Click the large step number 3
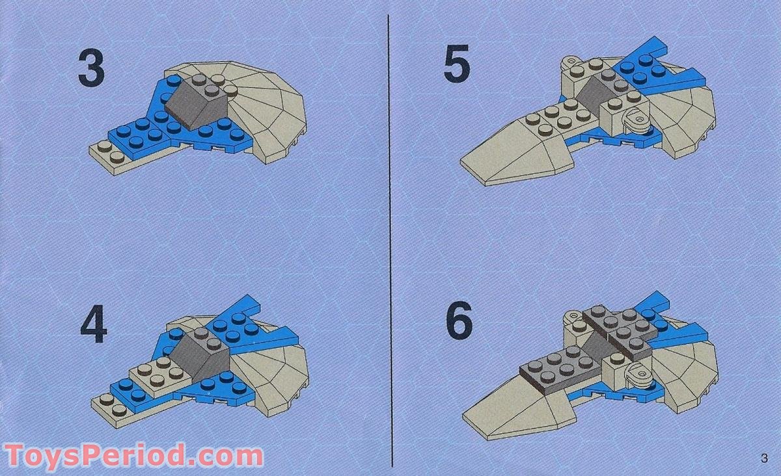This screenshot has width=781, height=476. (91, 71)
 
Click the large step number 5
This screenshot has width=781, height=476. (457, 67)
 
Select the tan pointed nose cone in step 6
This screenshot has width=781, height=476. (514, 406)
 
